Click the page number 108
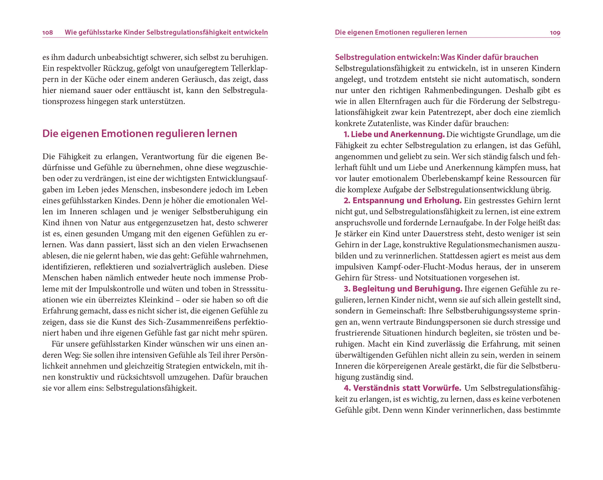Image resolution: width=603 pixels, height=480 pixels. [x=47, y=32]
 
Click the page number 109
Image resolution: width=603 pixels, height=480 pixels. [x=555, y=32]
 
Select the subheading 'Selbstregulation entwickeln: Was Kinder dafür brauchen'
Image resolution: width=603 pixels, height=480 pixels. [x=436, y=57]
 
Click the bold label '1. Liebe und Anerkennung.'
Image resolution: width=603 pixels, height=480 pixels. [x=394, y=135]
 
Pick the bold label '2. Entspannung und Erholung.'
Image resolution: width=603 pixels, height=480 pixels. [x=402, y=201]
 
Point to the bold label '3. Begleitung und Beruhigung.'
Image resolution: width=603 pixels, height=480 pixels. [x=403, y=289]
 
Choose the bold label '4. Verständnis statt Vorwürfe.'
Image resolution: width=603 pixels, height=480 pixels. [x=402, y=388]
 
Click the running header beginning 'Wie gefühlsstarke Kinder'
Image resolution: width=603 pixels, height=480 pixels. [x=166, y=32]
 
